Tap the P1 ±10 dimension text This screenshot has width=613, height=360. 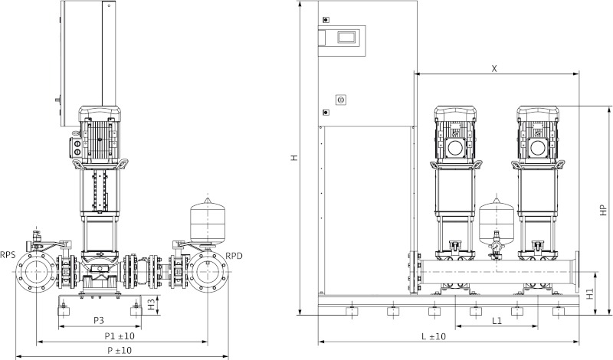(x=120, y=335)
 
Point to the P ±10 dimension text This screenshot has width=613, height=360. (x=120, y=350)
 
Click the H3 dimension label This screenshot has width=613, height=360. (x=152, y=305)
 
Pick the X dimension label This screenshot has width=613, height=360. (x=494, y=68)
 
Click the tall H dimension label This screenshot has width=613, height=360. (x=293, y=158)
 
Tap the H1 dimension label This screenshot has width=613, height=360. (x=589, y=293)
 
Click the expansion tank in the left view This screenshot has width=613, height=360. (x=205, y=218)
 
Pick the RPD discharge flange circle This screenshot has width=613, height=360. (x=208, y=272)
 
